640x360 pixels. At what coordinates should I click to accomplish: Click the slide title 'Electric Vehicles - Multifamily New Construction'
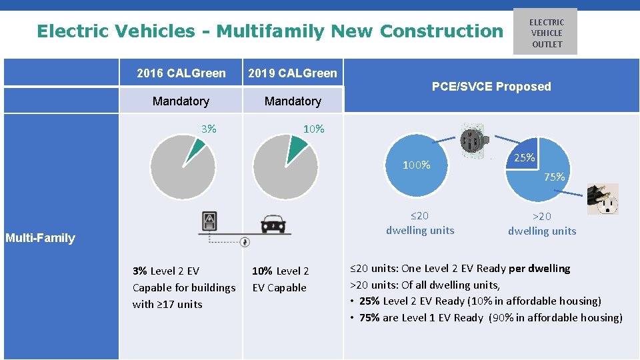[270, 31]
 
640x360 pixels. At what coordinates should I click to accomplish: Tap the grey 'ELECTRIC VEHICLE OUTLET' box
[546, 33]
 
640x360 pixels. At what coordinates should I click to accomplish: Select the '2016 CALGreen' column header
[181, 73]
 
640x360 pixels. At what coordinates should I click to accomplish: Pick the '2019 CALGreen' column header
[293, 73]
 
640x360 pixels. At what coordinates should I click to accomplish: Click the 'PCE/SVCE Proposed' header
[491, 87]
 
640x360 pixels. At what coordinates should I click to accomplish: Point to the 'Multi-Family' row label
[40, 238]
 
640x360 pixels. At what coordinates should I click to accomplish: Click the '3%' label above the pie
[209, 129]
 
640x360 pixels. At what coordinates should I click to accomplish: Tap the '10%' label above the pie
[313, 129]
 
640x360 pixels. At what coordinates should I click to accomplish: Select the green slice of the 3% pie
[193, 150]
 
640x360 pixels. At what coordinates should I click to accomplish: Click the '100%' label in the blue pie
[416, 165]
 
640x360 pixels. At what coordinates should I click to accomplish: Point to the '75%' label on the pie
[554, 177]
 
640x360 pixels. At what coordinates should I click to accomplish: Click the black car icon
[274, 223]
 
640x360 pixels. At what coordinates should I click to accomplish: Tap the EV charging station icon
[211, 221]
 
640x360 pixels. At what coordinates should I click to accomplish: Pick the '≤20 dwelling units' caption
[420, 223]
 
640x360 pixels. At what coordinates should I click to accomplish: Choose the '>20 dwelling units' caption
[542, 223]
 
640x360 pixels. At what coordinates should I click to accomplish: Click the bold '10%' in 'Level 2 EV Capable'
[262, 271]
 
